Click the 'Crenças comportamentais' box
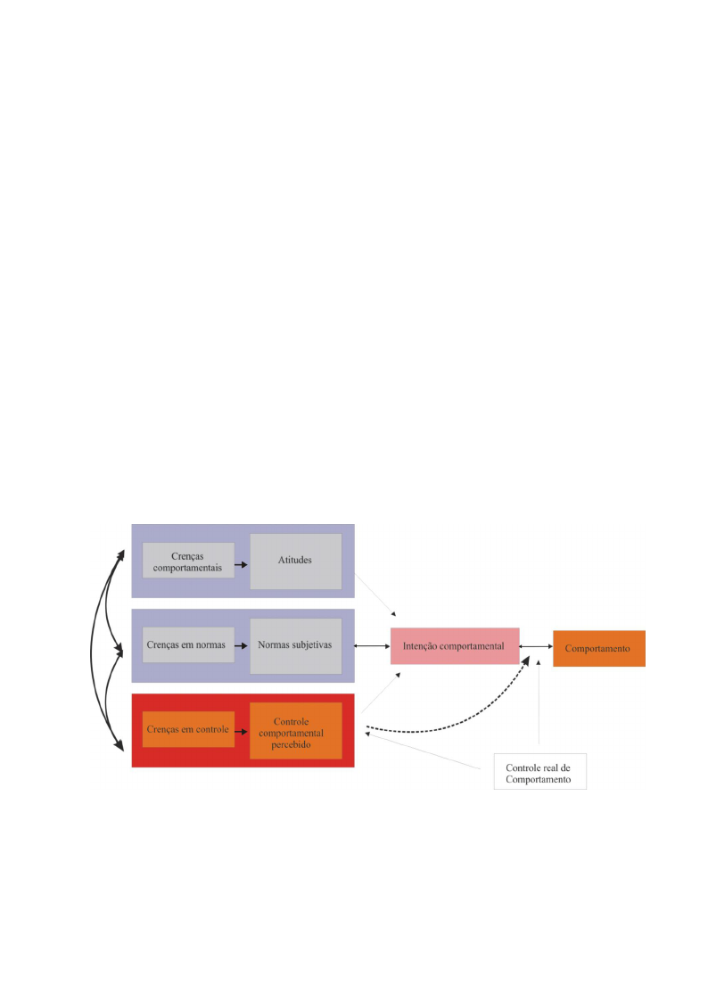tap(188, 561)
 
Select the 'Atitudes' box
tap(295, 562)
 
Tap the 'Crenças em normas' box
tap(188, 644)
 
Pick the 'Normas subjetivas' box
tap(295, 646)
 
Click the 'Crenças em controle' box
tap(188, 729)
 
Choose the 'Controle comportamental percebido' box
tap(295, 731)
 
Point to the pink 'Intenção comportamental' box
tap(455, 646)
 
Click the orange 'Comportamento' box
tap(599, 649)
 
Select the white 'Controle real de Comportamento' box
tap(540, 772)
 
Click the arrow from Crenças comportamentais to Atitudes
tap(242, 565)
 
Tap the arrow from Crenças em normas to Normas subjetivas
tap(242, 646)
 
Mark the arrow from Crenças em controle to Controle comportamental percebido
tap(242, 732)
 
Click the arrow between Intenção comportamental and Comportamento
tap(536, 647)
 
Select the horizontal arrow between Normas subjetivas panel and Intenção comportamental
tap(372, 646)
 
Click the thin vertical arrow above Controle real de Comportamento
tap(539, 702)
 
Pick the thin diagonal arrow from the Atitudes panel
tap(376, 595)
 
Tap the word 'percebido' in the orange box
tap(291, 744)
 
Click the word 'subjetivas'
tap(313, 644)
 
